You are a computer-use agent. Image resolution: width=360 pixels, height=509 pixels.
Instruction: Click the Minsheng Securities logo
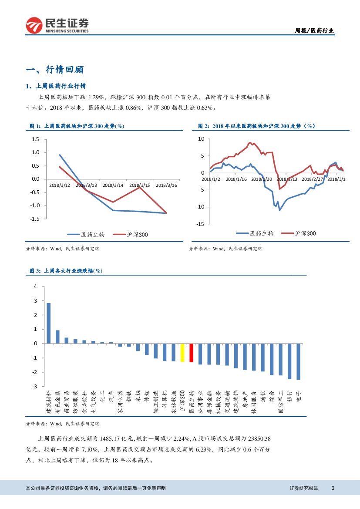[57, 25]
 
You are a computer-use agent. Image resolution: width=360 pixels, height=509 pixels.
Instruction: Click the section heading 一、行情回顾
[55, 69]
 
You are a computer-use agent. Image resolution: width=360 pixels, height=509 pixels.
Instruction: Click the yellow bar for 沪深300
[182, 353]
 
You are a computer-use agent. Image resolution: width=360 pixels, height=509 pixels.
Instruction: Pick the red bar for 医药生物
[191, 353]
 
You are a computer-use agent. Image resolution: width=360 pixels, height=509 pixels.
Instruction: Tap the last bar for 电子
[299, 361]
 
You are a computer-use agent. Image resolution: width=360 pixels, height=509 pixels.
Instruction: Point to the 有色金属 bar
[57, 337]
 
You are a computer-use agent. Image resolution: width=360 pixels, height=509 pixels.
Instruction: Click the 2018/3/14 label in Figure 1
[113, 185]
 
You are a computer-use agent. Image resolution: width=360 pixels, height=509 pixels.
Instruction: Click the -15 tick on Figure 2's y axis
[200, 224]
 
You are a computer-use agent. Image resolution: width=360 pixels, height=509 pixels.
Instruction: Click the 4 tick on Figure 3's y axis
[36, 287]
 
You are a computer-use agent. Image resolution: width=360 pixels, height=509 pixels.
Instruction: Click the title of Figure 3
[66, 271]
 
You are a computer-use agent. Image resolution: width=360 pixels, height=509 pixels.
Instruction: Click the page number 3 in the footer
[333, 488]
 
